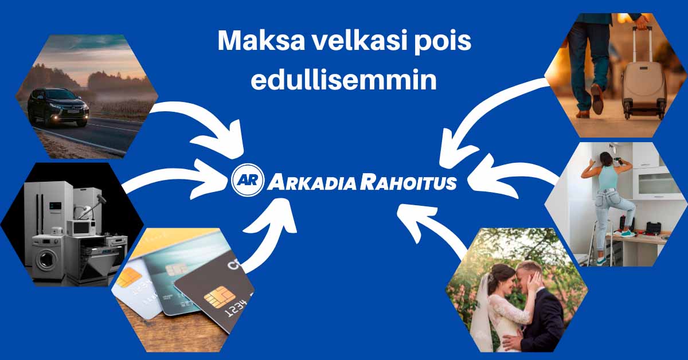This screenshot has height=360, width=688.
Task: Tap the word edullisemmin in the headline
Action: coord(344,81)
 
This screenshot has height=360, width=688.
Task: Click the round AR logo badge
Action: coord(248,181)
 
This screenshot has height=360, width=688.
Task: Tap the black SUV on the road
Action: coord(58,107)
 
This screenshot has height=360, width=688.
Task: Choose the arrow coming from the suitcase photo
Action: coord(487,115)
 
